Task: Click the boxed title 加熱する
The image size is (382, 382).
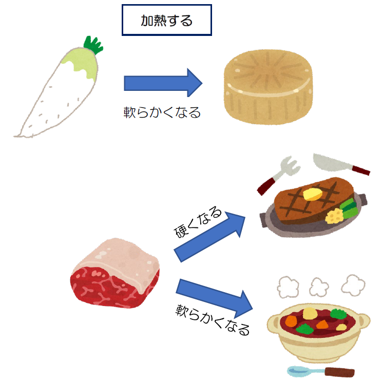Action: (x=166, y=21)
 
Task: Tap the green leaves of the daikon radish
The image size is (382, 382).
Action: (x=93, y=45)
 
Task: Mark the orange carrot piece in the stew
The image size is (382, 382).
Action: (x=291, y=321)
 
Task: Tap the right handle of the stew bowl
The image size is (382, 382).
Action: (x=365, y=322)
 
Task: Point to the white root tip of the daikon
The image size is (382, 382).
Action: (x=18, y=135)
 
